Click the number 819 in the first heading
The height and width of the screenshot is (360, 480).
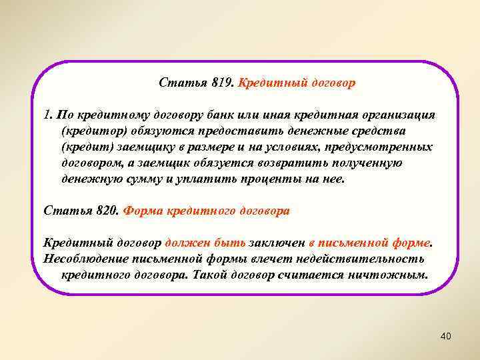point(221,84)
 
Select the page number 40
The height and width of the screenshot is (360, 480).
point(446,337)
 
